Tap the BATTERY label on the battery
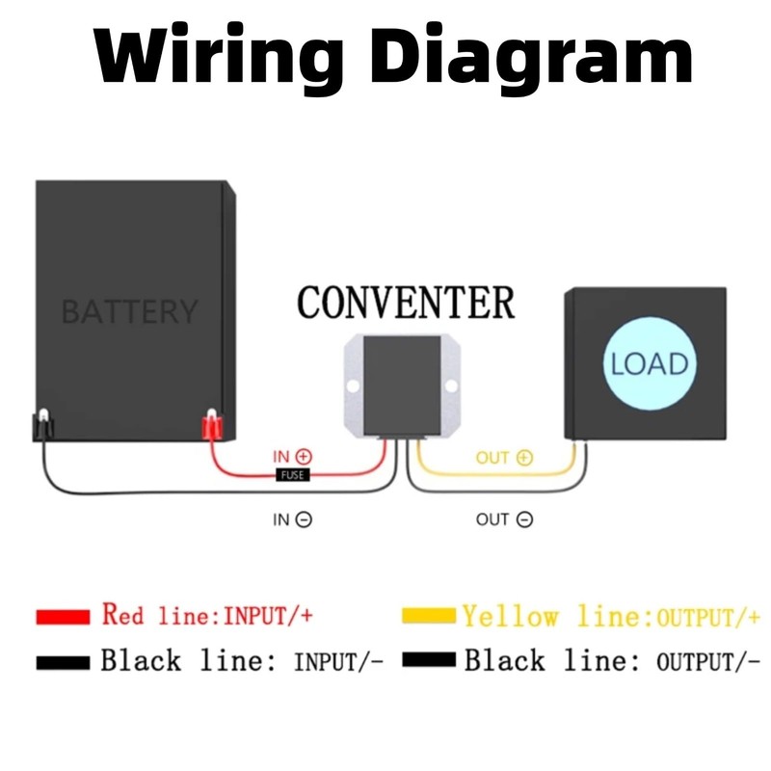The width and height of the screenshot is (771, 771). pos(129,311)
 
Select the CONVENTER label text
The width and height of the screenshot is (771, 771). pos(406,302)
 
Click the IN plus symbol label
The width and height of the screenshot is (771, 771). pos(293,456)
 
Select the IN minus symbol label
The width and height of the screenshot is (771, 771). pos(292,519)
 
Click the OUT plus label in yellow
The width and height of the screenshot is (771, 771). pos(504,458)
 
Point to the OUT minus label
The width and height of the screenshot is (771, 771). pos(504,519)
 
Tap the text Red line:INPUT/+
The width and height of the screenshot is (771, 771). pos(207,614)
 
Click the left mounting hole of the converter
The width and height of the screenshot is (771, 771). pos(353,386)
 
